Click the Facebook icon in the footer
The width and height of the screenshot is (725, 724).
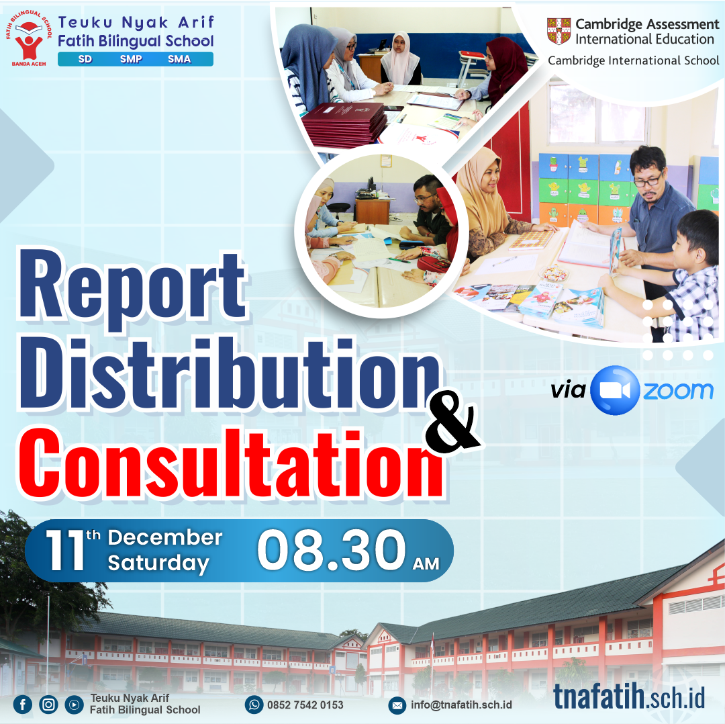point(23,704)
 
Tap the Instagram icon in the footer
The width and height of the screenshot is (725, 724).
point(48,704)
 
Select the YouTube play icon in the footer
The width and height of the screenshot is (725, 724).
point(74,705)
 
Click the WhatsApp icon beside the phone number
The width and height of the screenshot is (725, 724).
point(254,705)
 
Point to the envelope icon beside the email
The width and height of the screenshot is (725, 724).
point(397,705)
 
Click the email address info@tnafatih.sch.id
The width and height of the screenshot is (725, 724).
point(461,705)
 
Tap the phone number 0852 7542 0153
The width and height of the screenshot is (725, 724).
point(305,705)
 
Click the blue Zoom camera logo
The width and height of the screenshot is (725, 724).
point(615,390)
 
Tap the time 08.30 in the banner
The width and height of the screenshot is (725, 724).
point(331,550)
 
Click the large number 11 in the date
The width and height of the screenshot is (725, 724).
point(64,550)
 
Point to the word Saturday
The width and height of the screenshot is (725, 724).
point(158,563)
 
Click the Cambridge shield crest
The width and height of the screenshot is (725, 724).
point(559,31)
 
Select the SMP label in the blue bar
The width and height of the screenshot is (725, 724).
point(131,58)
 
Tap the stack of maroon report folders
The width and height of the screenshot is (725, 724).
point(344,123)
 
